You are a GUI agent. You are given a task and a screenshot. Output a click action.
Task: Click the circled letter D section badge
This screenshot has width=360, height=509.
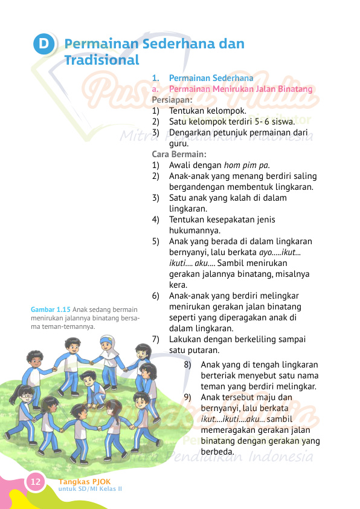(x=43, y=45)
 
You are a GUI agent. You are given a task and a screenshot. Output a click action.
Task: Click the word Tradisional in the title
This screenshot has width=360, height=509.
(x=101, y=60)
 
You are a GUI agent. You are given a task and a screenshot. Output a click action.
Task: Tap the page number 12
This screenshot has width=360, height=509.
(x=36, y=482)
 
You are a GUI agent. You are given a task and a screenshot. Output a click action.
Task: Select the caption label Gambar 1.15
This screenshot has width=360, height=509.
(x=51, y=310)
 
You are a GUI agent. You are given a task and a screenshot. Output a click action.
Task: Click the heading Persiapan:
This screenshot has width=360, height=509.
(x=172, y=100)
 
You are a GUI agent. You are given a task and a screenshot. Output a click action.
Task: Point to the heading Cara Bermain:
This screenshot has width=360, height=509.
(x=179, y=154)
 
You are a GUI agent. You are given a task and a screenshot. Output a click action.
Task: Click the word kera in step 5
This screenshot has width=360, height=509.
(x=178, y=285)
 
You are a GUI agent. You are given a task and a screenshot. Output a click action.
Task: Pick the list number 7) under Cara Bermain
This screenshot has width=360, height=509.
(x=156, y=339)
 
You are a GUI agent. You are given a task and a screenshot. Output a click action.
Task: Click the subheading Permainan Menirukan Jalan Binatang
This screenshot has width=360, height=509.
(x=241, y=89)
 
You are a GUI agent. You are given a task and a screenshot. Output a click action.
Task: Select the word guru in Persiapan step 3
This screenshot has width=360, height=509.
(x=179, y=143)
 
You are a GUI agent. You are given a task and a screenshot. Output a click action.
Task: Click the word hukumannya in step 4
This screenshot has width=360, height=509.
(x=194, y=230)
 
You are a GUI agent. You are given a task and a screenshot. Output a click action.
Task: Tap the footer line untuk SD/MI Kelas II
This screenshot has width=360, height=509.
(x=90, y=488)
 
